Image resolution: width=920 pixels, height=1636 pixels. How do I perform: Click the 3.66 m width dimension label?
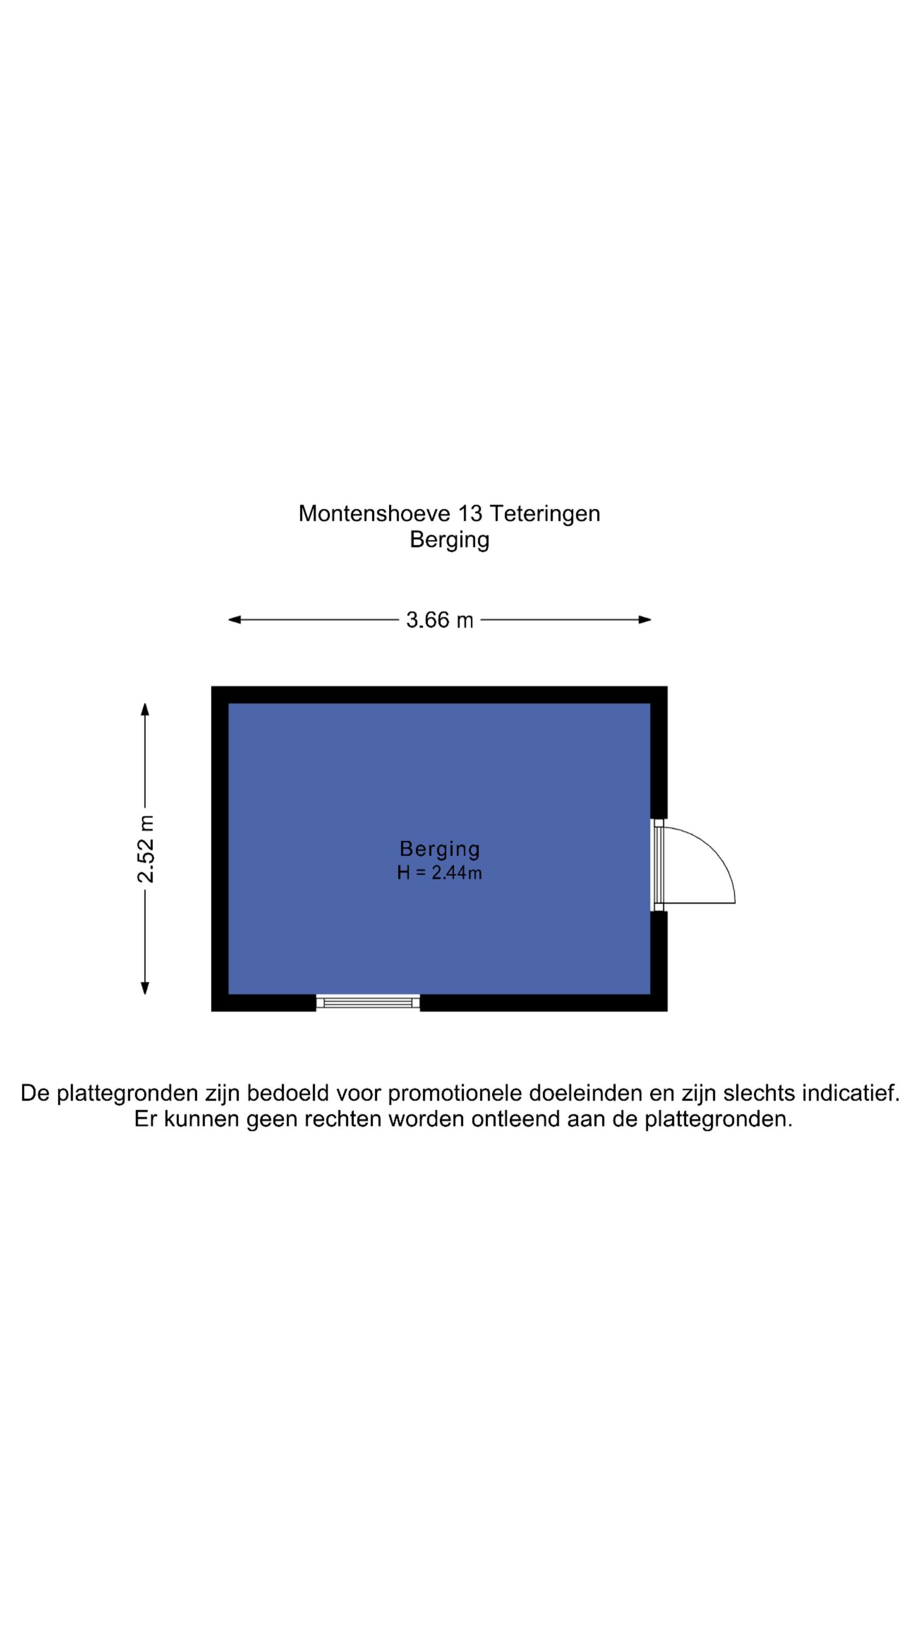(x=439, y=620)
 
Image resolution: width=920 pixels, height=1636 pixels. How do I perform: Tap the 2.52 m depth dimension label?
(x=146, y=849)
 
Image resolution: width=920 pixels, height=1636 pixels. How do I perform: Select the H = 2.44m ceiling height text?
(x=439, y=873)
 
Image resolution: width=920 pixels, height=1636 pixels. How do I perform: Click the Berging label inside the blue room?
(x=439, y=849)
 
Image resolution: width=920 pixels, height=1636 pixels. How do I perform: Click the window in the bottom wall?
(x=368, y=1003)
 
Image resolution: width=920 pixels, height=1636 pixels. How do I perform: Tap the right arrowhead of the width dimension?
(x=645, y=620)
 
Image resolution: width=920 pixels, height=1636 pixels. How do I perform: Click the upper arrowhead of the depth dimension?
(x=145, y=709)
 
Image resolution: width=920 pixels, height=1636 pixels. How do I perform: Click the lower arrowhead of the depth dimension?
(x=145, y=988)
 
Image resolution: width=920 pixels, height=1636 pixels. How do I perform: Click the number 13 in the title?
(x=470, y=513)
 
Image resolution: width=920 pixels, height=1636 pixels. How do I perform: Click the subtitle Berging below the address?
(x=450, y=540)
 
